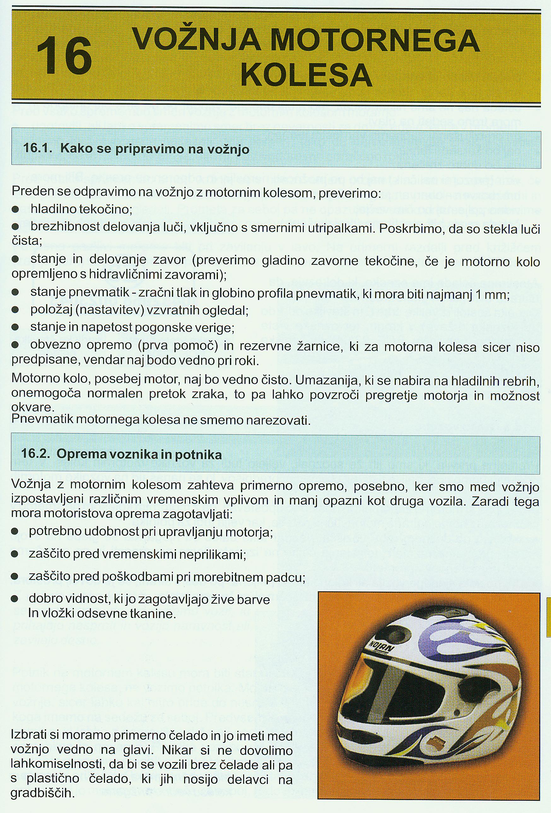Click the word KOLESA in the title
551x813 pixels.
307,75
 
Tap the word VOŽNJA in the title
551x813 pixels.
197,39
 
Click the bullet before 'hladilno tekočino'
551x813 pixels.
15,210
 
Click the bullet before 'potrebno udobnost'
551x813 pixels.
15,531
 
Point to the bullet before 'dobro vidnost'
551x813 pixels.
15,599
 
